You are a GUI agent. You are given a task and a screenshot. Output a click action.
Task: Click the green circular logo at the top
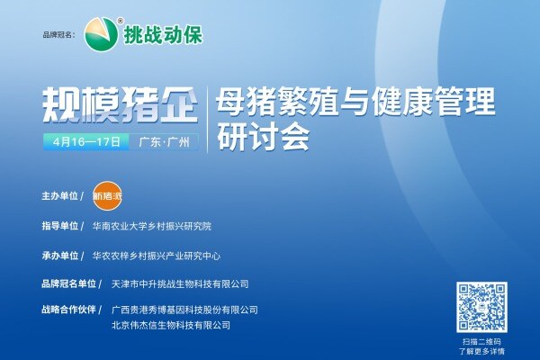pyautogui.click(x=101, y=33)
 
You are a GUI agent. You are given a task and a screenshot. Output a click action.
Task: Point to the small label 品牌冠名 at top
pyautogui.click(x=60, y=35)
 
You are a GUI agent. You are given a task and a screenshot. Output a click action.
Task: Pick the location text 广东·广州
pyautogui.click(x=165, y=142)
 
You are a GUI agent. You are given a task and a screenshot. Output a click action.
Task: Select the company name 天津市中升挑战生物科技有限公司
pyautogui.click(x=177, y=284)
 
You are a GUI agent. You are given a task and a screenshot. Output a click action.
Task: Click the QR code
pyautogui.click(x=481, y=306)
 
